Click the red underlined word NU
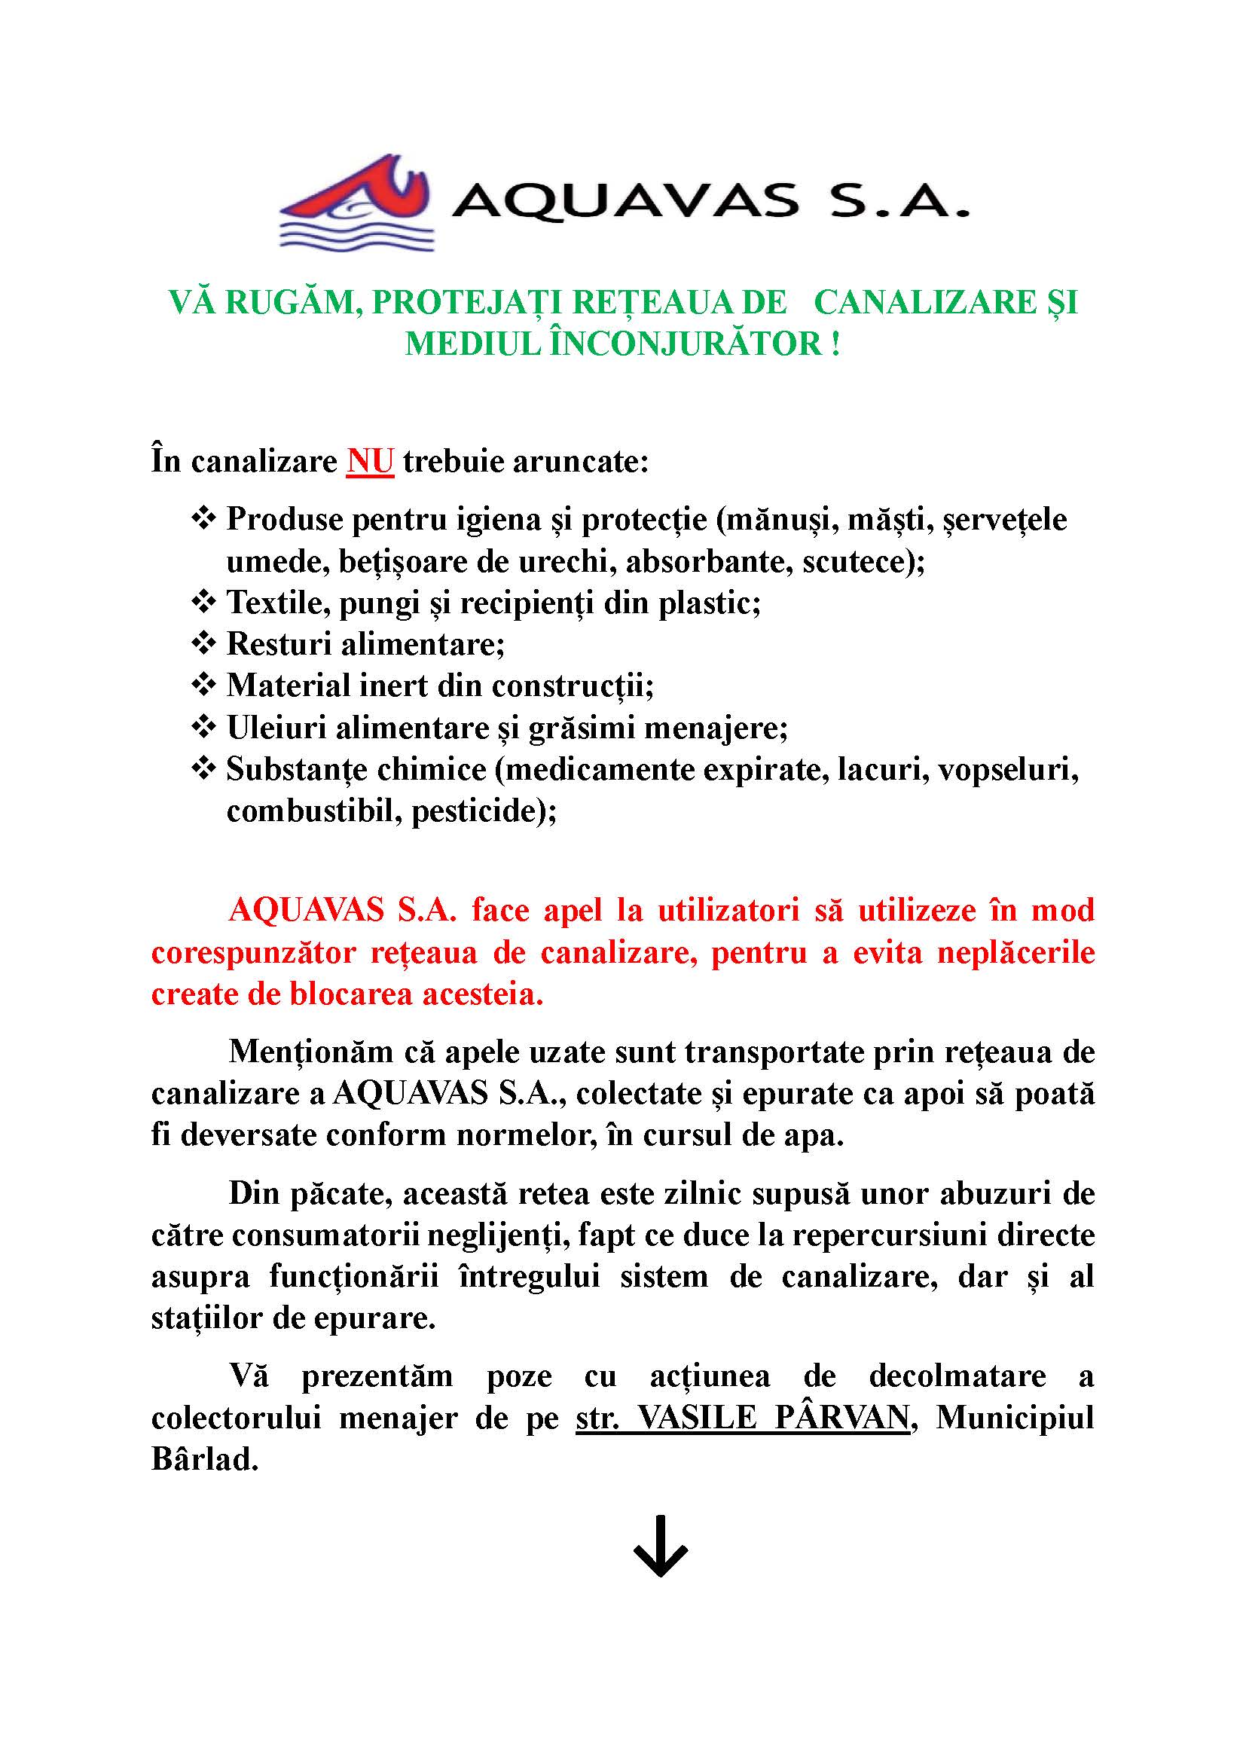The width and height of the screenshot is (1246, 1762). tap(370, 462)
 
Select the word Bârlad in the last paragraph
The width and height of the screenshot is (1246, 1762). tap(204, 1459)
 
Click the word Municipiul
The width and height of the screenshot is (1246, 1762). tap(1015, 1418)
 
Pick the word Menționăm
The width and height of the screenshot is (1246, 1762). tap(310, 1052)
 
